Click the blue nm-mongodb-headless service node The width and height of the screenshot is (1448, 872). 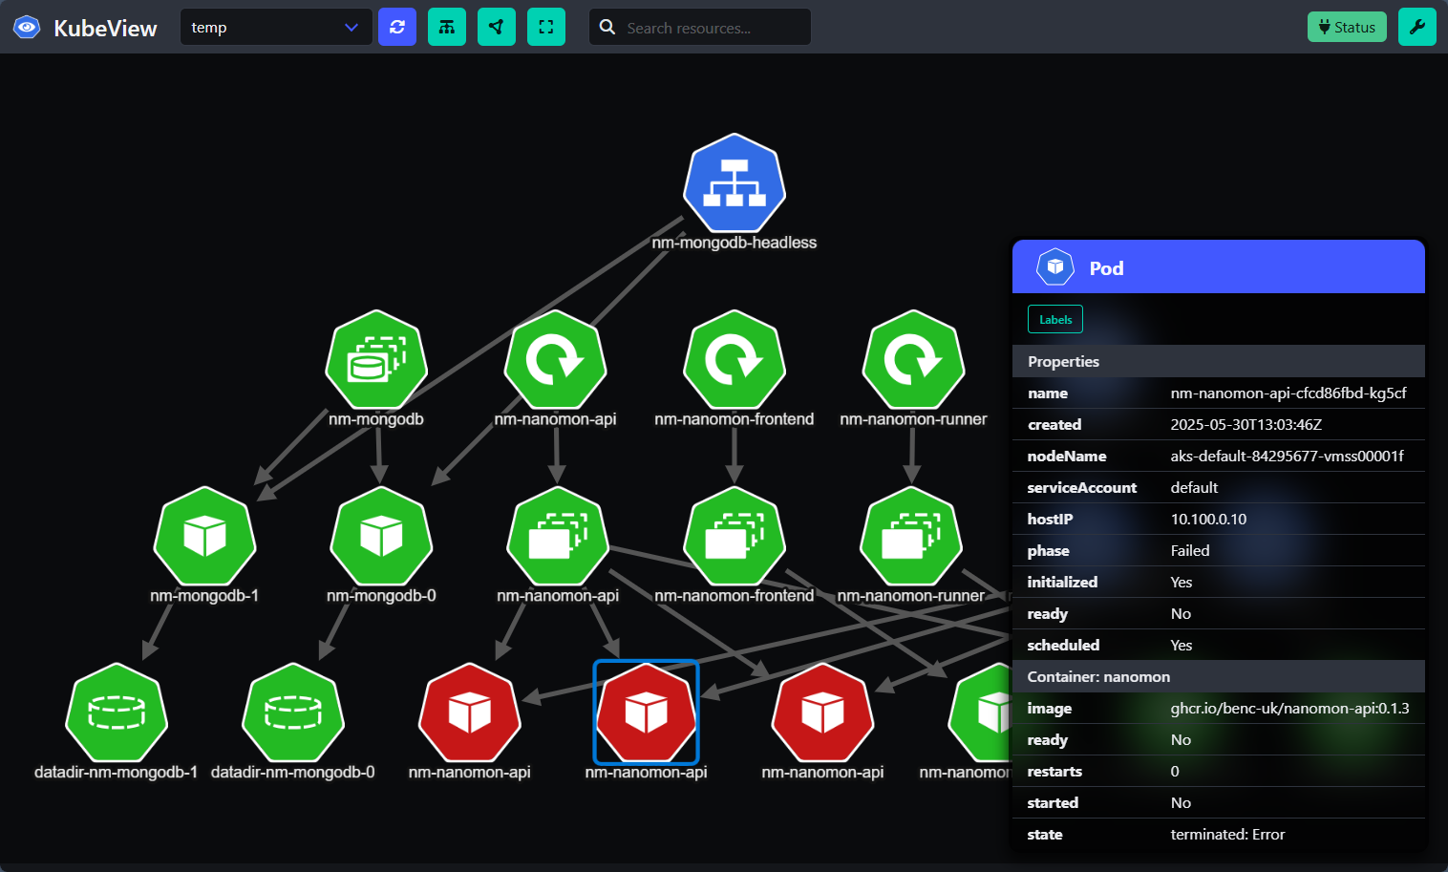coord(734,184)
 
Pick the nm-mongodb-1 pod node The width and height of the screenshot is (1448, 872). coord(204,537)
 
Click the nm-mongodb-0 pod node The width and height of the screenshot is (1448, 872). coord(381,537)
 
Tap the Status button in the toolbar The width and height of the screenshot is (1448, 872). coord(1347,27)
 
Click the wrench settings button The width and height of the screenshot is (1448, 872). coord(1416,27)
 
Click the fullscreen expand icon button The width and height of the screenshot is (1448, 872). coord(546,27)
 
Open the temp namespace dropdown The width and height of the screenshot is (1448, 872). coord(275,27)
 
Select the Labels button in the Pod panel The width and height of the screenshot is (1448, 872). coord(1055,319)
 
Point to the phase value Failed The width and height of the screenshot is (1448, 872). coord(1190,551)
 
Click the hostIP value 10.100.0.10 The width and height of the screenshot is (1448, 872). coord(1208,520)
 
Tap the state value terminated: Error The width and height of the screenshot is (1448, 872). coord(1227,835)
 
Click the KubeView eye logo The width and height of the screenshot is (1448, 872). coord(27,27)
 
